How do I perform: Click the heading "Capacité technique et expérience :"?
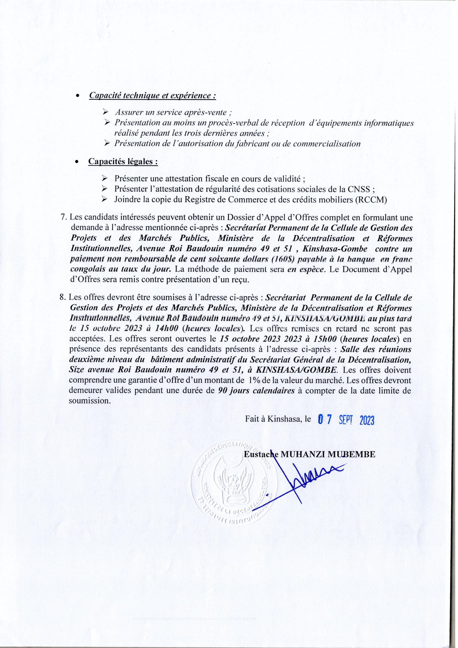point(152,95)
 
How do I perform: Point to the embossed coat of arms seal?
point(231,480)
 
